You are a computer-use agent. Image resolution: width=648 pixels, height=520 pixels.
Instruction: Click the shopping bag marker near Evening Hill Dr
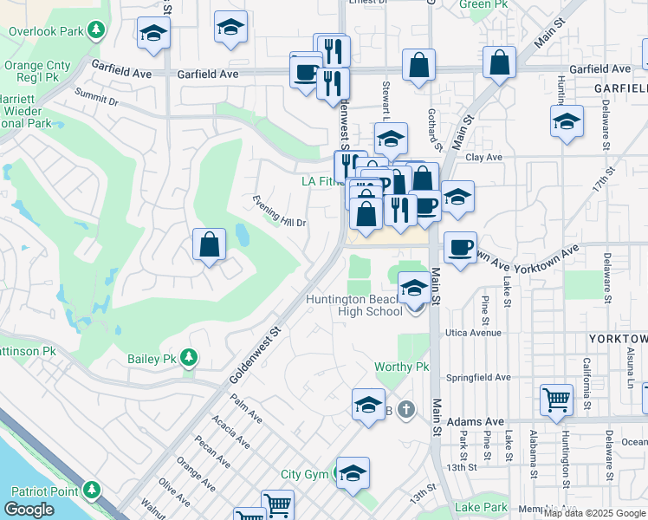210,246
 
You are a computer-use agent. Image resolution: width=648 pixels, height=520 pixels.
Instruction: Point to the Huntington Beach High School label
353,306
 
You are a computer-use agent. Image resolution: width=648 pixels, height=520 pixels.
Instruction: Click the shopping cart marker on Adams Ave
556,401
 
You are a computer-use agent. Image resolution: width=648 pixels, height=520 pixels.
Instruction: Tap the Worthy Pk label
401,367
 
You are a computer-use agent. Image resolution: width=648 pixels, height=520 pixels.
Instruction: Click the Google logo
29,510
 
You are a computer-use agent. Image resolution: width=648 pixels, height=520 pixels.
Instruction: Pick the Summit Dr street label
96,96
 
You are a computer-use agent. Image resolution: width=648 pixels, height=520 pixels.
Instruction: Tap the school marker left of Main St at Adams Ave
368,406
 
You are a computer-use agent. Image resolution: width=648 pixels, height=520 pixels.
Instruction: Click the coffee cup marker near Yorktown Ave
460,249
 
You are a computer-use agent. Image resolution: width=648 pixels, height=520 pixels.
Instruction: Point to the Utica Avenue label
474,333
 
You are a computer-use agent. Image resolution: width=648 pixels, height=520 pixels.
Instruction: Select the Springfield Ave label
478,378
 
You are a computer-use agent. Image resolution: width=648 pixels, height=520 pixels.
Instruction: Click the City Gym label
305,474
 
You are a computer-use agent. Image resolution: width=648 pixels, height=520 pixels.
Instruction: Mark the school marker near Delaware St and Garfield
567,122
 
